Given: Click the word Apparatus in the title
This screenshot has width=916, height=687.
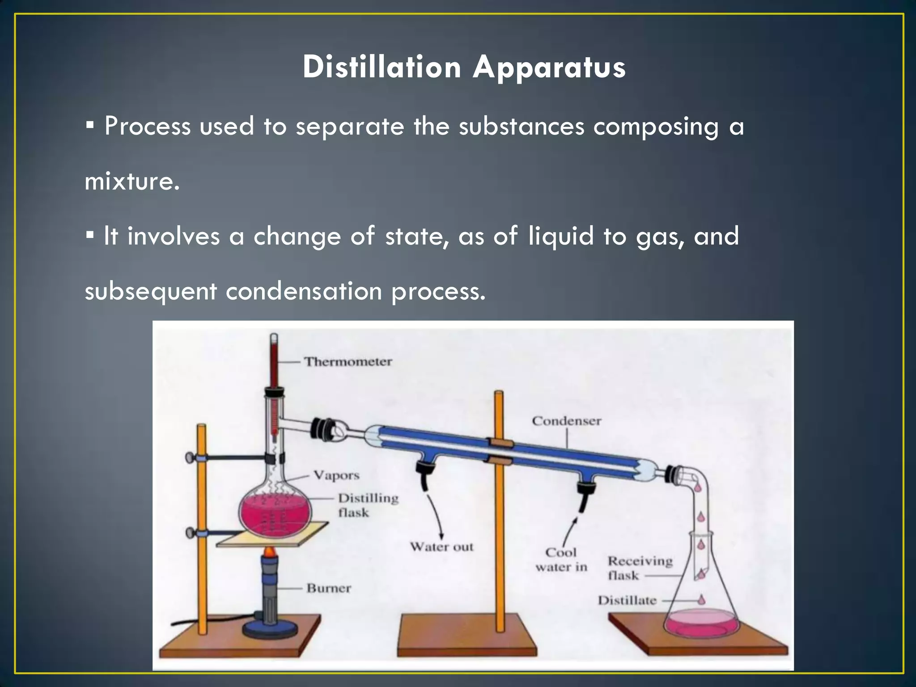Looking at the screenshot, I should point(549,68).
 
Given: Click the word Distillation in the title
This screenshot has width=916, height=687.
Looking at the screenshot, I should point(382,67).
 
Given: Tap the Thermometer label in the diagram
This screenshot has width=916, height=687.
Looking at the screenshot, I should point(348,361).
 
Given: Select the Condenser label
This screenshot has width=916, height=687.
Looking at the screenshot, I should point(566,421).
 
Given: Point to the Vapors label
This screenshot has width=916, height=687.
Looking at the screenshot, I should point(336,475).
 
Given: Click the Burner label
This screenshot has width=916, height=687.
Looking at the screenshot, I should point(329,588).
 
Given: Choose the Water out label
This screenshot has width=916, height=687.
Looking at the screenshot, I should point(441,547).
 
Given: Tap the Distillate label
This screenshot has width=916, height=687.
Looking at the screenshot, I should point(627,600).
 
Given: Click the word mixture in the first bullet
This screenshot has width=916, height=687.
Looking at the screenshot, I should point(132,181).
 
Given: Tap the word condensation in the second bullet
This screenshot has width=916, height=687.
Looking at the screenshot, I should point(304,292).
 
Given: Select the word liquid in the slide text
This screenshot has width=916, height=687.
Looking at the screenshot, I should point(561,236).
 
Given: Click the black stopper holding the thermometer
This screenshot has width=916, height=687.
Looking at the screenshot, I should point(274,393).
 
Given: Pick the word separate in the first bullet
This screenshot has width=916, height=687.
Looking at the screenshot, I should point(350,127).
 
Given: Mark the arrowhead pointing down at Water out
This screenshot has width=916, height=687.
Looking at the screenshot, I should point(441,536).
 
